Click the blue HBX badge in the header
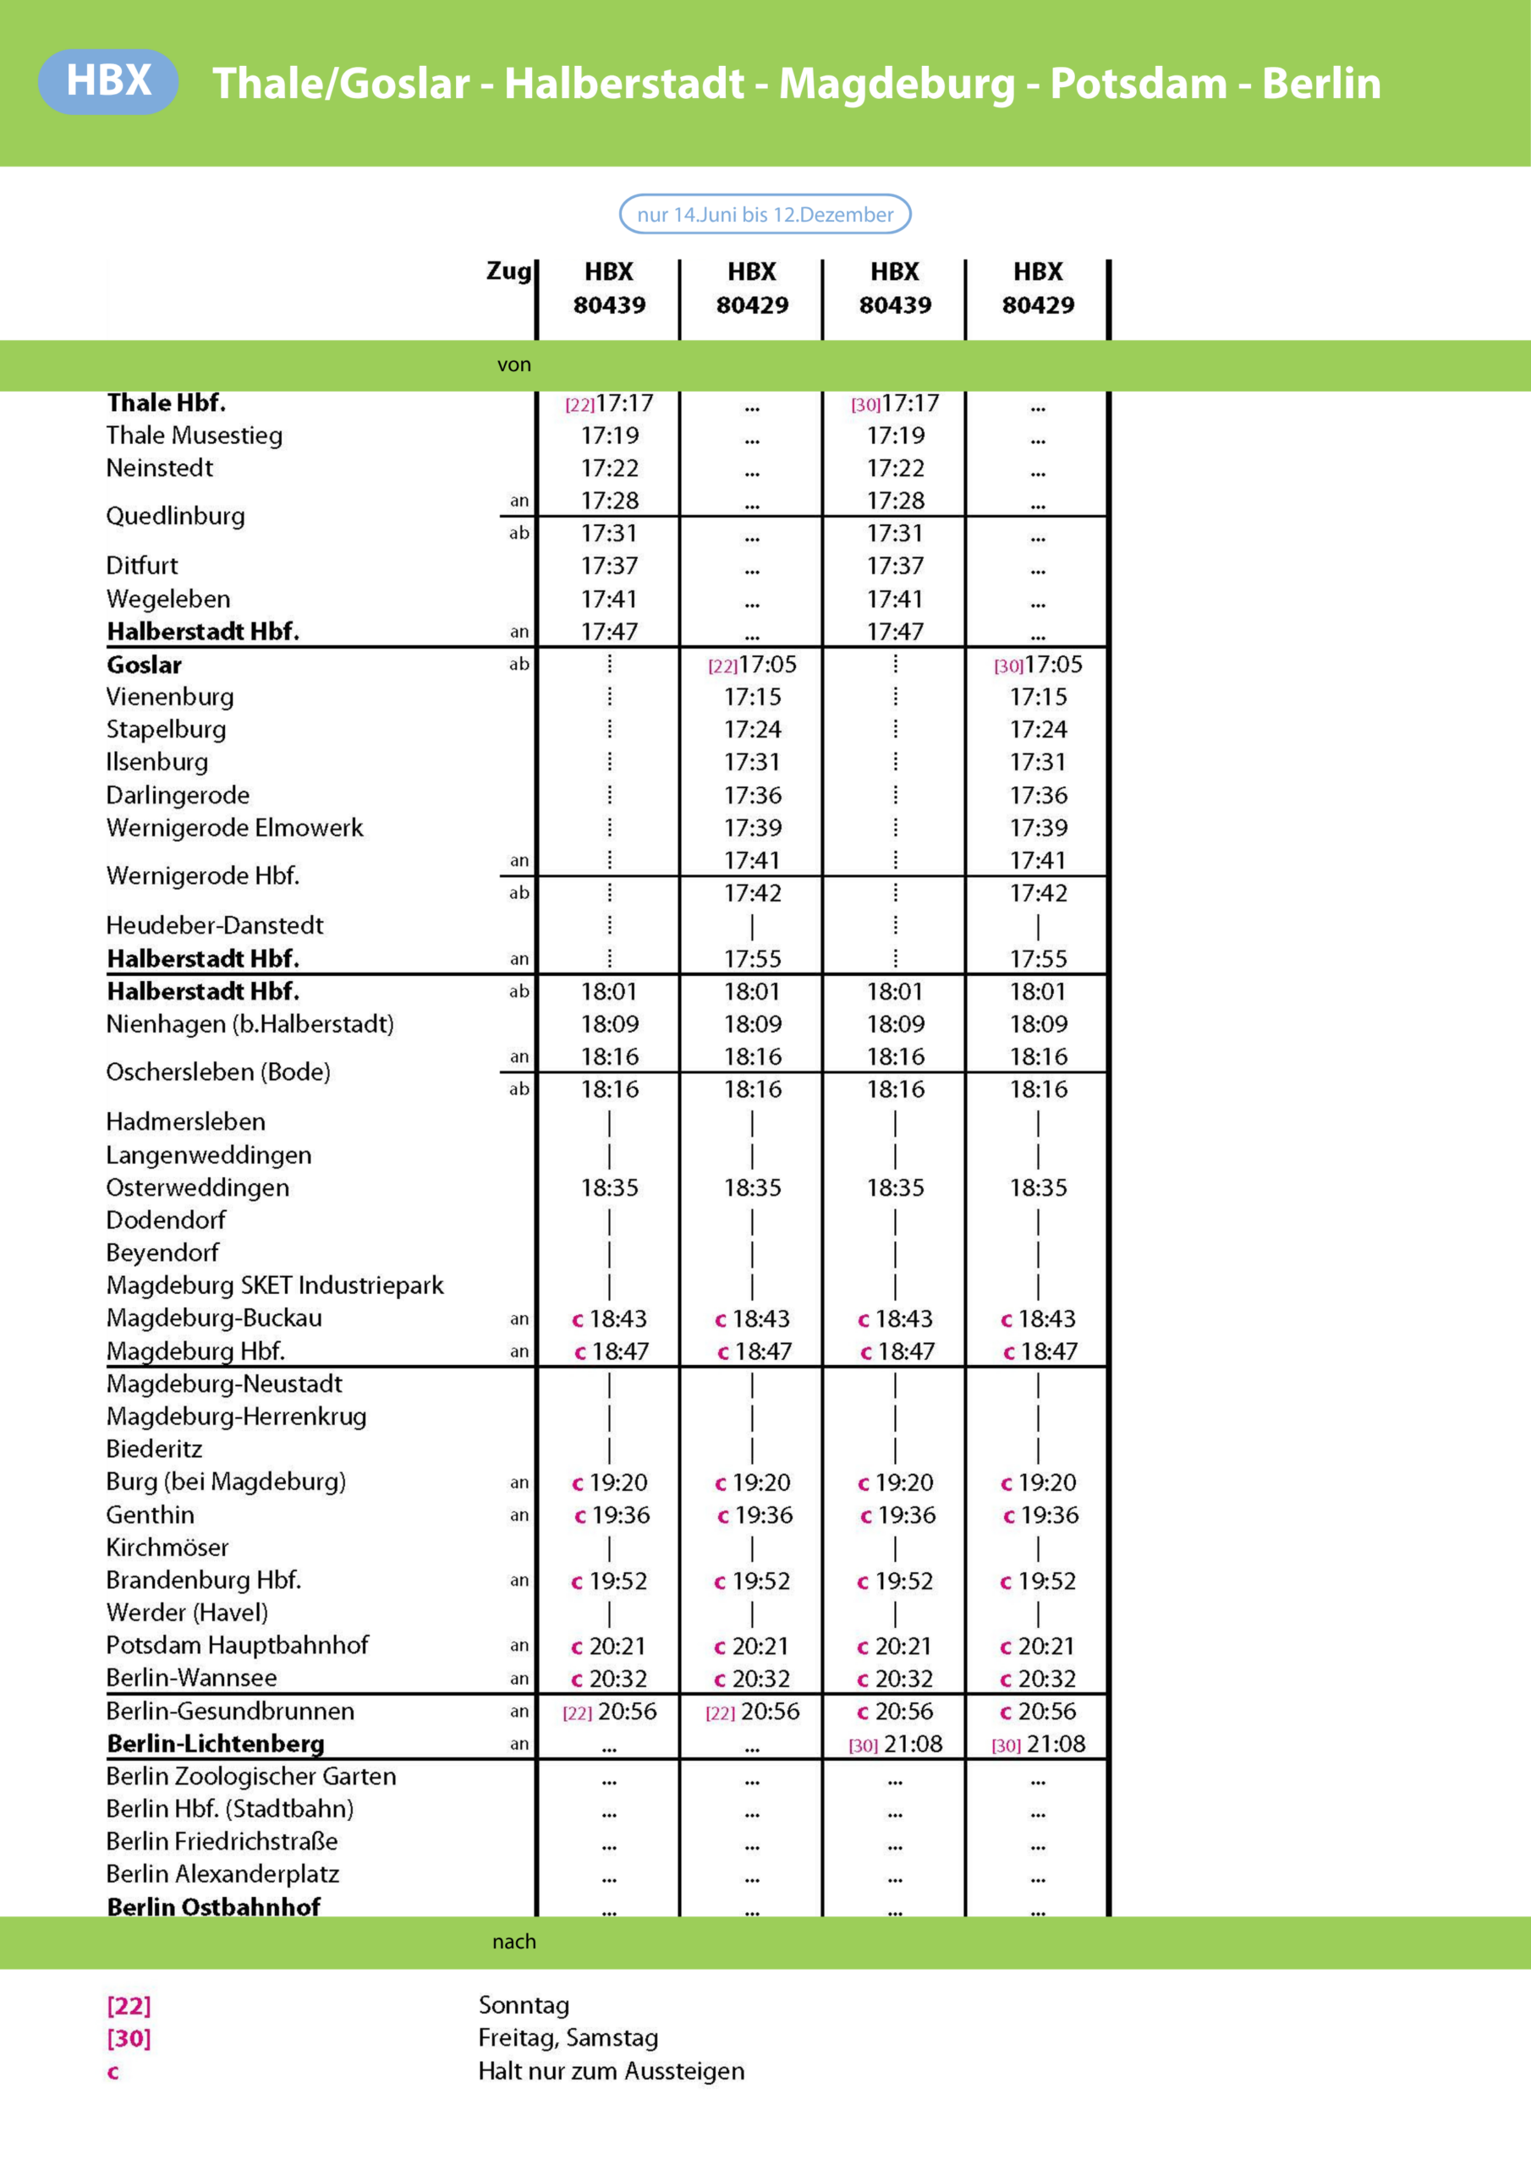[x=107, y=81]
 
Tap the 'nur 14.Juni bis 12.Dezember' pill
[x=764, y=214]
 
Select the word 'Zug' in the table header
[x=508, y=271]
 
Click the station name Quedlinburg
[x=175, y=516]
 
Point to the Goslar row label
[x=145, y=665]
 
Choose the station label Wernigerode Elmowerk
[x=234, y=828]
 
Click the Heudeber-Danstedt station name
[x=214, y=925]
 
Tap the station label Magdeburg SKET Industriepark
[x=275, y=1285]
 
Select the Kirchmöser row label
[x=167, y=1548]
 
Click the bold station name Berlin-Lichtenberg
[x=215, y=1744]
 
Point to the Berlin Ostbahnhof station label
[x=213, y=1906]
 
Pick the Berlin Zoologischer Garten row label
[x=251, y=1777]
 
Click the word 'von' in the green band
[x=514, y=364]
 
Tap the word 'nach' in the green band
[x=514, y=1942]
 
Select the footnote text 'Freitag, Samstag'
[x=568, y=2037]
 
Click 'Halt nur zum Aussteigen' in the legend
[x=612, y=2071]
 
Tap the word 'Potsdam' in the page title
[x=1138, y=83]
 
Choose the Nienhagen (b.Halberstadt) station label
[x=250, y=1024]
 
